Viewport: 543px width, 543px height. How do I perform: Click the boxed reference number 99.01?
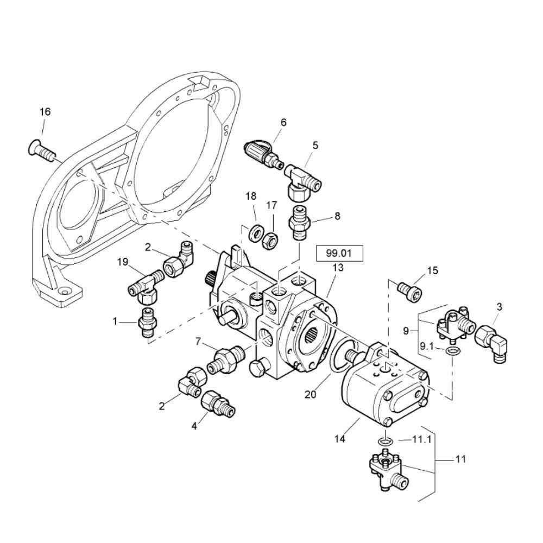[x=339, y=254]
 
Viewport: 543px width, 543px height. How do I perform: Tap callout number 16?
[x=45, y=112]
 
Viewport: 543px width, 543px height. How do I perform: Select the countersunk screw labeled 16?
[x=41, y=151]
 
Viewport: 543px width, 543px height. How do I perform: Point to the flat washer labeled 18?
[x=256, y=232]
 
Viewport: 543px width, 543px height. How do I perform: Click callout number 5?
[x=314, y=145]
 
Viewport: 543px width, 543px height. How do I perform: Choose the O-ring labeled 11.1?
[x=385, y=441]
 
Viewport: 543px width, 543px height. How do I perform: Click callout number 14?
[x=340, y=439]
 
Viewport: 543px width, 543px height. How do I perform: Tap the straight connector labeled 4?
[x=218, y=404]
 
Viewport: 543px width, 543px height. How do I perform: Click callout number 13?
[x=338, y=268]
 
